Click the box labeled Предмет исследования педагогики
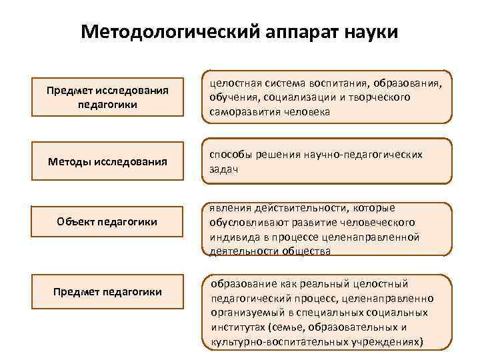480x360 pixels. (107, 97)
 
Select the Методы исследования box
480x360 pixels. (107, 161)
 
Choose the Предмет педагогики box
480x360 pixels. (107, 292)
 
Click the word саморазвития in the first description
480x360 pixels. (239, 112)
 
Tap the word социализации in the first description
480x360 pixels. (293, 97)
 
